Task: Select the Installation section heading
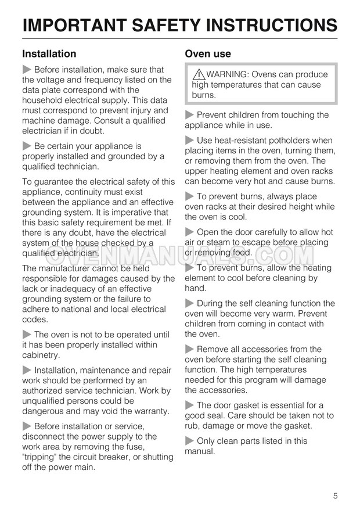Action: pos(49,54)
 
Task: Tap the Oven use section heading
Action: pos(208,54)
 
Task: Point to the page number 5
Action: pos(336,480)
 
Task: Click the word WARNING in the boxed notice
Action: pos(228,74)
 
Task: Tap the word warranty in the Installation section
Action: pos(149,411)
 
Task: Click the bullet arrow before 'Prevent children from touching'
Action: pos(190,115)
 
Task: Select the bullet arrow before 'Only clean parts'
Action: pos(190,441)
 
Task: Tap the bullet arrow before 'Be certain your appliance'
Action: pos(27,146)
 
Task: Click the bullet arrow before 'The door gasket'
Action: pos(190,405)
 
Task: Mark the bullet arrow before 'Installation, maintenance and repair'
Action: pos(27,370)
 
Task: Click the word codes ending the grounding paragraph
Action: pos(34,319)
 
